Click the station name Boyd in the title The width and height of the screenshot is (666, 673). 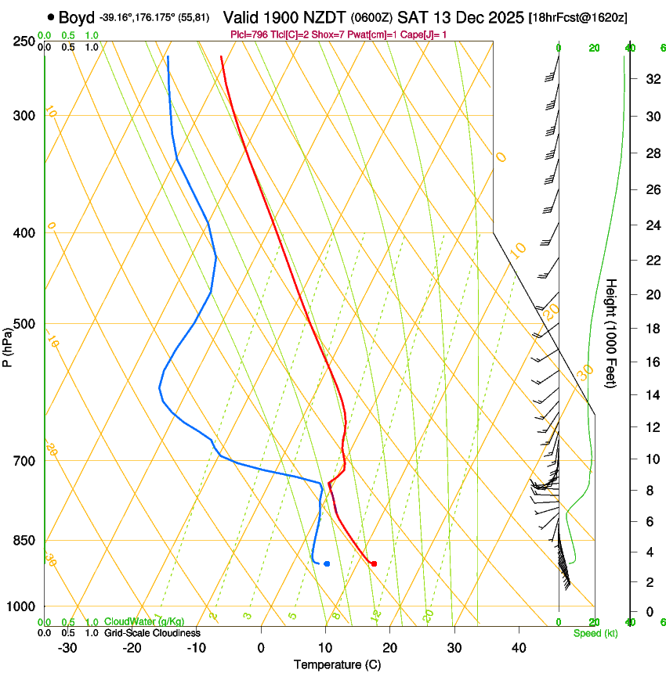[x=77, y=16]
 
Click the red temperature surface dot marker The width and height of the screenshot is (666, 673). [x=374, y=563]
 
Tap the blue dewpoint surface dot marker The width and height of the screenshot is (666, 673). [x=327, y=563]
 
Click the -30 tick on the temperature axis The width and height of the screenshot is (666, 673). [x=67, y=648]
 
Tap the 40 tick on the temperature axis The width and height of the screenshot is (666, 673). [x=519, y=648]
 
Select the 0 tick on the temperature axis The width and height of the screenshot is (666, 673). [x=261, y=648]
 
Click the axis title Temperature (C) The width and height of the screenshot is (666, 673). [x=337, y=664]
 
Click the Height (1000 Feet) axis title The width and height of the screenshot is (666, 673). [x=612, y=333]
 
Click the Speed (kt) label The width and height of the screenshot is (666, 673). [x=595, y=633]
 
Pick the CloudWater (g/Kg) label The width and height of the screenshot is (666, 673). [x=144, y=621]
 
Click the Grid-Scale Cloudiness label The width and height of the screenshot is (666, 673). [x=152, y=633]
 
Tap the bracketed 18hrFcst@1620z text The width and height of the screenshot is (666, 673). [x=578, y=17]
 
